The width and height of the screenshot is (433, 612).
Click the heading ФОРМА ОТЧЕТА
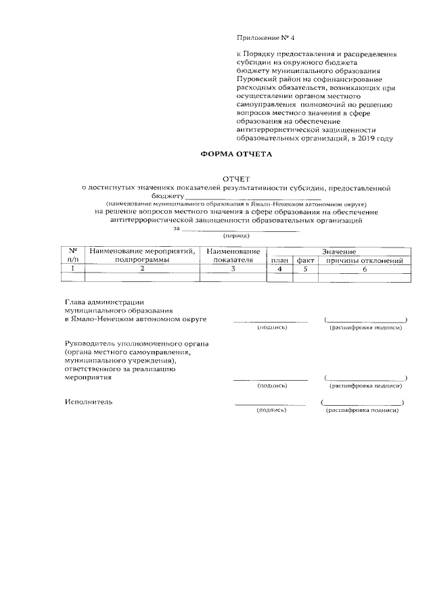(x=235, y=154)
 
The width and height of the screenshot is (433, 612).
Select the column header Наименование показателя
(x=232, y=255)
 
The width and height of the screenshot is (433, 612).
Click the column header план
(x=280, y=260)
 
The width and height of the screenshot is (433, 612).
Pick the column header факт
(x=305, y=260)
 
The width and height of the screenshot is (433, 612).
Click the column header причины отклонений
(x=364, y=260)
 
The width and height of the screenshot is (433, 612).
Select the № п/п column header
(x=73, y=255)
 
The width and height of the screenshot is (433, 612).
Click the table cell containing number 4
(x=280, y=268)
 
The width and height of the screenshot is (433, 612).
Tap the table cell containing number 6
(x=364, y=268)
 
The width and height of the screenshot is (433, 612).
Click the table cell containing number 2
(x=142, y=268)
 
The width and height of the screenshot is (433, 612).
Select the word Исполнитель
(x=89, y=402)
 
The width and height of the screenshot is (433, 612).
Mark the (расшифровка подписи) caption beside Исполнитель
(x=361, y=410)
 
